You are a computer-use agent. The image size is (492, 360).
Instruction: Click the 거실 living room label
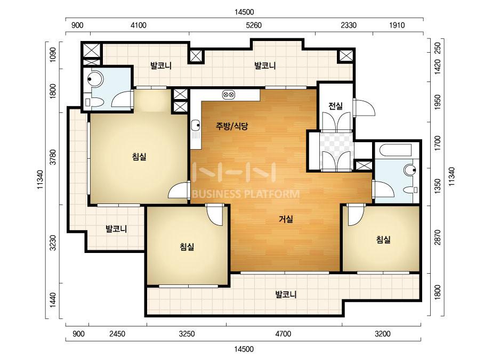[x=286, y=219]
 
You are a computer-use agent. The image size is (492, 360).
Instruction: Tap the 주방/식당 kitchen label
[x=232, y=126]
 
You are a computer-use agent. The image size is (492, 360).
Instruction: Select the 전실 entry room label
[x=335, y=106]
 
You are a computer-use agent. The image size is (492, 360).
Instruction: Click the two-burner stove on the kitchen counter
[x=229, y=94]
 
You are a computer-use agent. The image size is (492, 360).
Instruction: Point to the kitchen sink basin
[x=195, y=125]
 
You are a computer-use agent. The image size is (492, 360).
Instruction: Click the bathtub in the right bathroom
[x=396, y=150]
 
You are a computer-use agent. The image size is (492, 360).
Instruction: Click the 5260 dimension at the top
[x=254, y=25]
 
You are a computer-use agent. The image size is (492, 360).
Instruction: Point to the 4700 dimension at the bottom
[x=283, y=334]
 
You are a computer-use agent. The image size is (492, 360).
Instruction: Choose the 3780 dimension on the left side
[x=53, y=157]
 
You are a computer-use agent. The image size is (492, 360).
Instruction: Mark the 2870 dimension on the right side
[x=438, y=238]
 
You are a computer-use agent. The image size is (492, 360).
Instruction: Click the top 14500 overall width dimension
[x=244, y=12]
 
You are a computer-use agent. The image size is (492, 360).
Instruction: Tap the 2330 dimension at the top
[x=349, y=25]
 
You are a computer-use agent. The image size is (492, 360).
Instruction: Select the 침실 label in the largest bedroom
[x=139, y=156]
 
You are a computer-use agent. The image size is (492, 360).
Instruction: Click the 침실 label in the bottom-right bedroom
[x=383, y=240]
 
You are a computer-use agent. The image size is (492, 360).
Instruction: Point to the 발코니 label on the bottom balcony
[x=286, y=294]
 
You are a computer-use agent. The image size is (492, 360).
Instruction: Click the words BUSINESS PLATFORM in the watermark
[x=245, y=194]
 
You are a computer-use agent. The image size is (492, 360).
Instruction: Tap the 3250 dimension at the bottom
[x=187, y=334]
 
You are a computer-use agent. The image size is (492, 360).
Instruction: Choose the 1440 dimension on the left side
[x=53, y=300]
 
